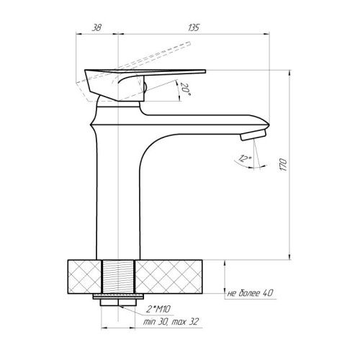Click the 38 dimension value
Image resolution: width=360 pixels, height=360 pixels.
click(x=96, y=27)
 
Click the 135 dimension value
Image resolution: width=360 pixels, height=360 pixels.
click(x=194, y=27)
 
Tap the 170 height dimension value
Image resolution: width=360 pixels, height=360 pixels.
click(x=284, y=165)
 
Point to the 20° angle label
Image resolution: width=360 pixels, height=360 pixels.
click(x=185, y=89)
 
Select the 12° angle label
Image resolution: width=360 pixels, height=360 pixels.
click(x=245, y=158)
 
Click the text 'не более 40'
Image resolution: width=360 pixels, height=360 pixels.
click(x=250, y=293)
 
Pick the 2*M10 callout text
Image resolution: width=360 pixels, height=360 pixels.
click(x=158, y=310)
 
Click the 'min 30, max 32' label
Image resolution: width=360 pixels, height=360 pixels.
click(x=171, y=321)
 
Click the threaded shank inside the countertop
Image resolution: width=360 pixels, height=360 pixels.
click(x=118, y=276)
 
